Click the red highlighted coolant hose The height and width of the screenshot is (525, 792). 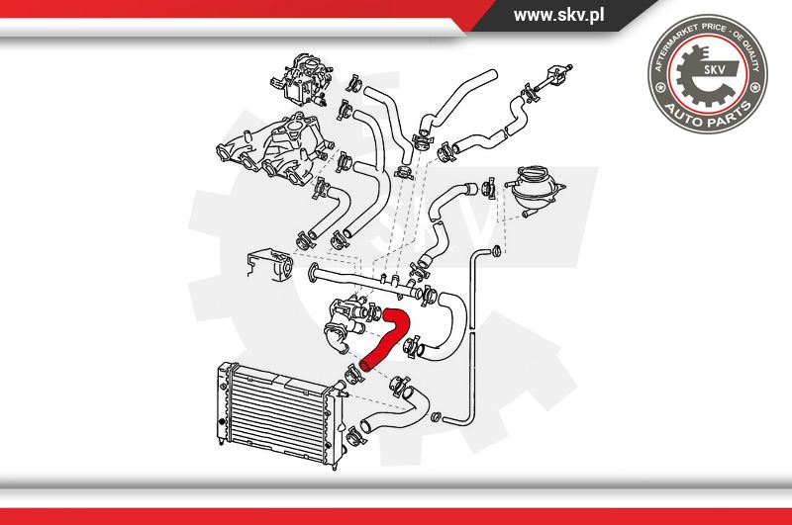(x=390, y=340)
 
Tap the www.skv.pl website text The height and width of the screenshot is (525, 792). (x=558, y=15)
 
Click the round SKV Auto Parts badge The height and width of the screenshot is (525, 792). (x=707, y=73)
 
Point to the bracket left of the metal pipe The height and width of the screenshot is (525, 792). (x=269, y=266)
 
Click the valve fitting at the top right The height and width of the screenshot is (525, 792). (x=554, y=77)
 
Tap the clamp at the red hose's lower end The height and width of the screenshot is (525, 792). (x=353, y=376)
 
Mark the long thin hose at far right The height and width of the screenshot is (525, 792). (x=473, y=333)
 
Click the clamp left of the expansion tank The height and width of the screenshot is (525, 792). (x=489, y=188)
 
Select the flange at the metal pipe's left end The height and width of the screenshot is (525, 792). (x=313, y=271)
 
